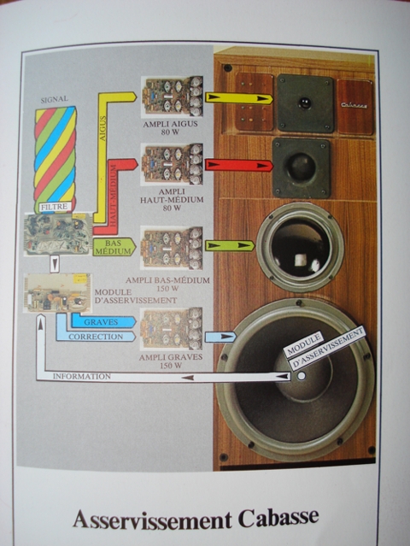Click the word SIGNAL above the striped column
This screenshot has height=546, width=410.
[55, 100]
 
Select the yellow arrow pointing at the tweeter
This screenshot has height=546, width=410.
[239, 98]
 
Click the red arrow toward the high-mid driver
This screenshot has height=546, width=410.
[239, 165]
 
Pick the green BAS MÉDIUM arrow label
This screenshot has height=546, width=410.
[114, 247]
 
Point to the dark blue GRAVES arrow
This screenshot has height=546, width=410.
[103, 322]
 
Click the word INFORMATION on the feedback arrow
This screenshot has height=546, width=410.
[82, 377]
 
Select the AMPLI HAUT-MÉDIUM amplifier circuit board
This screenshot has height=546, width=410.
[173, 164]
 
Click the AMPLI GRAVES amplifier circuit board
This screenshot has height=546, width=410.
[171, 329]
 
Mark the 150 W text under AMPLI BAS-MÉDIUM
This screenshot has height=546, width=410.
[167, 289]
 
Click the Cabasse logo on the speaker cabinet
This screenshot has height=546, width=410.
[354, 104]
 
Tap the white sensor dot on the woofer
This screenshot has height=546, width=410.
[302, 376]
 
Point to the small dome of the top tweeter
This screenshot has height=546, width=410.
[305, 103]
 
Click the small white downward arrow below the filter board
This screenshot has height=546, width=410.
[55, 264]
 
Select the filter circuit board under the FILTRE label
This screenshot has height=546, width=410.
[58, 234]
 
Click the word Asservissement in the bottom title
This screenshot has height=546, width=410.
[152, 520]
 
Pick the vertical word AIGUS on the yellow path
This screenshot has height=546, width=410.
[103, 128]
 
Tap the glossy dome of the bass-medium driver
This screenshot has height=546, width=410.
[300, 247]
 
